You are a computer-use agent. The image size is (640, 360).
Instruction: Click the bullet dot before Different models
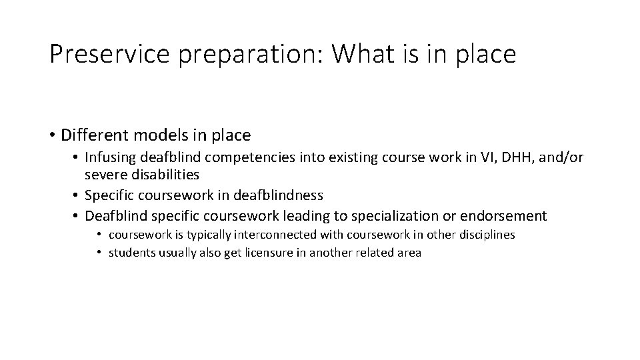tap(51, 136)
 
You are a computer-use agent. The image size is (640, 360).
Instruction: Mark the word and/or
tap(561, 159)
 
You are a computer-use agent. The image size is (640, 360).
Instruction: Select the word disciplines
tap(487, 235)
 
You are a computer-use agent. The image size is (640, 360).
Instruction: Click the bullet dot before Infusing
tap(77, 159)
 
